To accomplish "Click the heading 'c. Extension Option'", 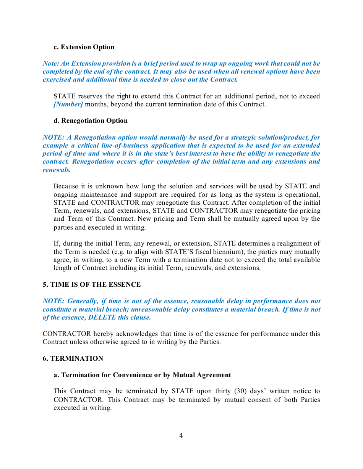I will pyautogui.click(x=84, y=47).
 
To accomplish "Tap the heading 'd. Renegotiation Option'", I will pyautogui.click(x=91, y=121).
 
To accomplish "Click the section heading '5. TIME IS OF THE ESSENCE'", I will pyautogui.click(x=92, y=285).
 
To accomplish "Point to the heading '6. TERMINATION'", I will pyautogui.click(x=73, y=359).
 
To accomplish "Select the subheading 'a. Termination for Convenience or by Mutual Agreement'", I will pyautogui.click(x=142, y=375).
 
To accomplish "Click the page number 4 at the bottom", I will pyautogui.click(x=181, y=435).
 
